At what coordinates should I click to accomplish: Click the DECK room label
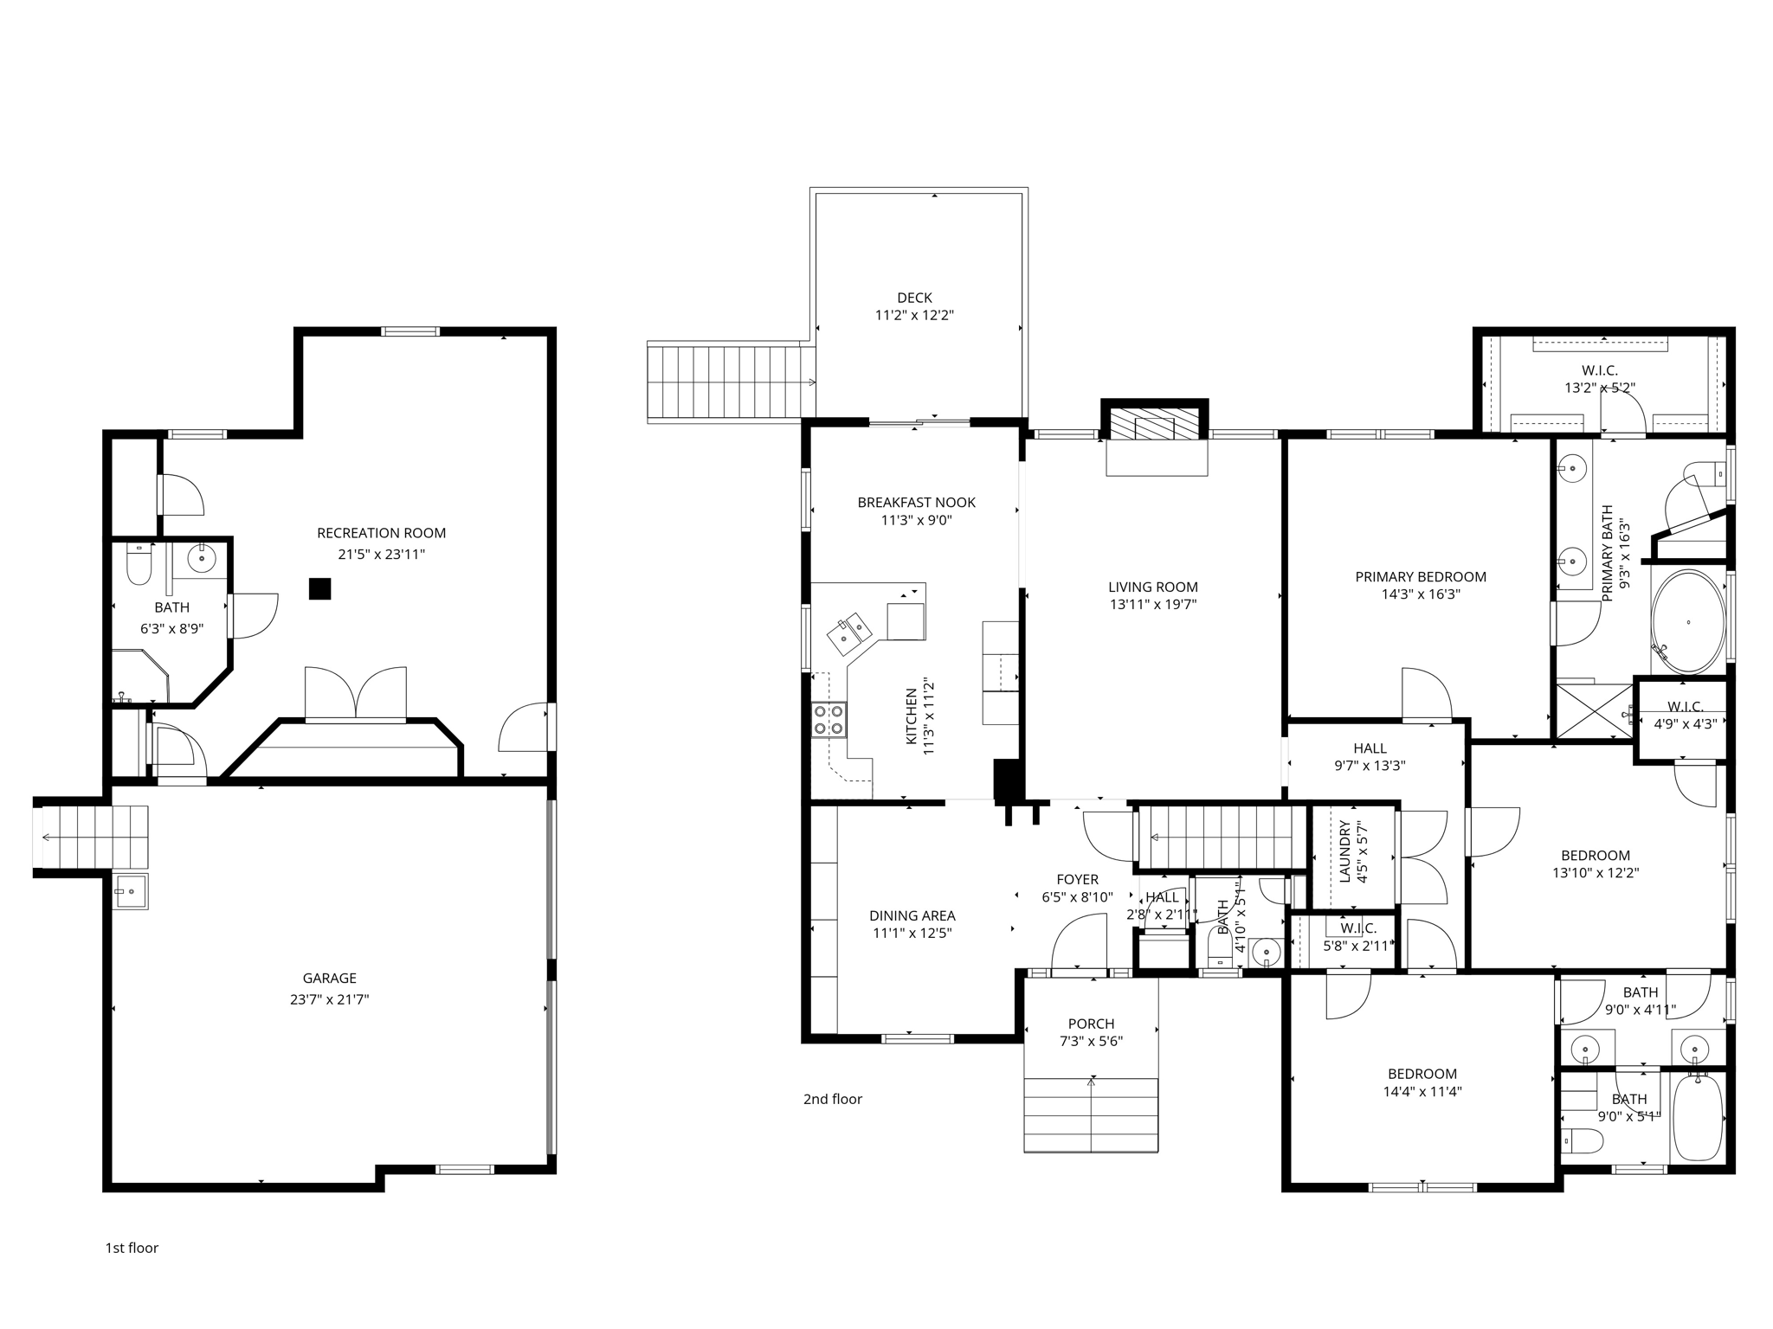pyautogui.click(x=914, y=298)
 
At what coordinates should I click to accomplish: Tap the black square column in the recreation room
pyautogui.click(x=320, y=588)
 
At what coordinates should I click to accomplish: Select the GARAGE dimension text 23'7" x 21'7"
pyautogui.click(x=329, y=998)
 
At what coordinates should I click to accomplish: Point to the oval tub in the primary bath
pyautogui.click(x=1687, y=621)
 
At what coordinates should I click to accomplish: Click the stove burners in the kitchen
pyautogui.click(x=828, y=720)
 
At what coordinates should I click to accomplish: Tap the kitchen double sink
pyautogui.click(x=848, y=632)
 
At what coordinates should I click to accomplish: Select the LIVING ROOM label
pyautogui.click(x=1153, y=587)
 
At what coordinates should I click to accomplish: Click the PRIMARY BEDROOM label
pyautogui.click(x=1420, y=576)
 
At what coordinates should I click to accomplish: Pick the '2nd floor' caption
pyautogui.click(x=832, y=1099)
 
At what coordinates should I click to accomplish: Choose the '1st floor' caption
pyautogui.click(x=132, y=1248)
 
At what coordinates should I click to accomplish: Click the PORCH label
pyautogui.click(x=1091, y=1024)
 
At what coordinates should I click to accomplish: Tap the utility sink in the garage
pyautogui.click(x=131, y=890)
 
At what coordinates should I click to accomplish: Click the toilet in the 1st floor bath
pyautogui.click(x=139, y=566)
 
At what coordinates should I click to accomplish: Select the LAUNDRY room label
pyautogui.click(x=1344, y=851)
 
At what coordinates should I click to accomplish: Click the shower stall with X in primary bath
pyautogui.click(x=1594, y=711)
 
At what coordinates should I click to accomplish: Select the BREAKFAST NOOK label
pyautogui.click(x=916, y=502)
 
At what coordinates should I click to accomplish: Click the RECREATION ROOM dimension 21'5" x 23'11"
pyautogui.click(x=381, y=554)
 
